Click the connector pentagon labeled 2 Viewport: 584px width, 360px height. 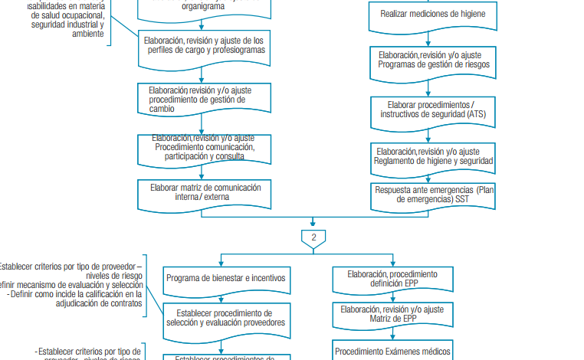click(x=313, y=237)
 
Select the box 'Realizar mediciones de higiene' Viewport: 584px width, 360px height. click(x=432, y=14)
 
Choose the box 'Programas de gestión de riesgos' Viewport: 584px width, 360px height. click(x=433, y=61)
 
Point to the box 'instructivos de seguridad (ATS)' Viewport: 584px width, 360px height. click(x=433, y=109)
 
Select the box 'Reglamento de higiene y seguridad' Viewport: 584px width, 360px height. click(x=433, y=156)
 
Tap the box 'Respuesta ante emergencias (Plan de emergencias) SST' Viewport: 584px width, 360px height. click(x=433, y=194)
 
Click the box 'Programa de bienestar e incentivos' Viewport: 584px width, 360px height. click(x=225, y=279)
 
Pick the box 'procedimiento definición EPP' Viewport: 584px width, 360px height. click(x=392, y=279)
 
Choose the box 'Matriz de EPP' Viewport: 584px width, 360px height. click(x=392, y=314)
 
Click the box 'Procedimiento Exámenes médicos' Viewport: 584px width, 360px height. click(x=392, y=352)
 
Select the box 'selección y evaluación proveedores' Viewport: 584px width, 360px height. click(x=225, y=318)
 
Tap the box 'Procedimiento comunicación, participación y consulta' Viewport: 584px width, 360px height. click(x=204, y=147)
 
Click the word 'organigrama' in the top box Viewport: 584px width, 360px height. click(x=203, y=5)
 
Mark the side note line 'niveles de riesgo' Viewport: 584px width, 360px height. click(x=114, y=276)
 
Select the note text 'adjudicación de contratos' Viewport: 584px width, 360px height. click(x=100, y=303)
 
